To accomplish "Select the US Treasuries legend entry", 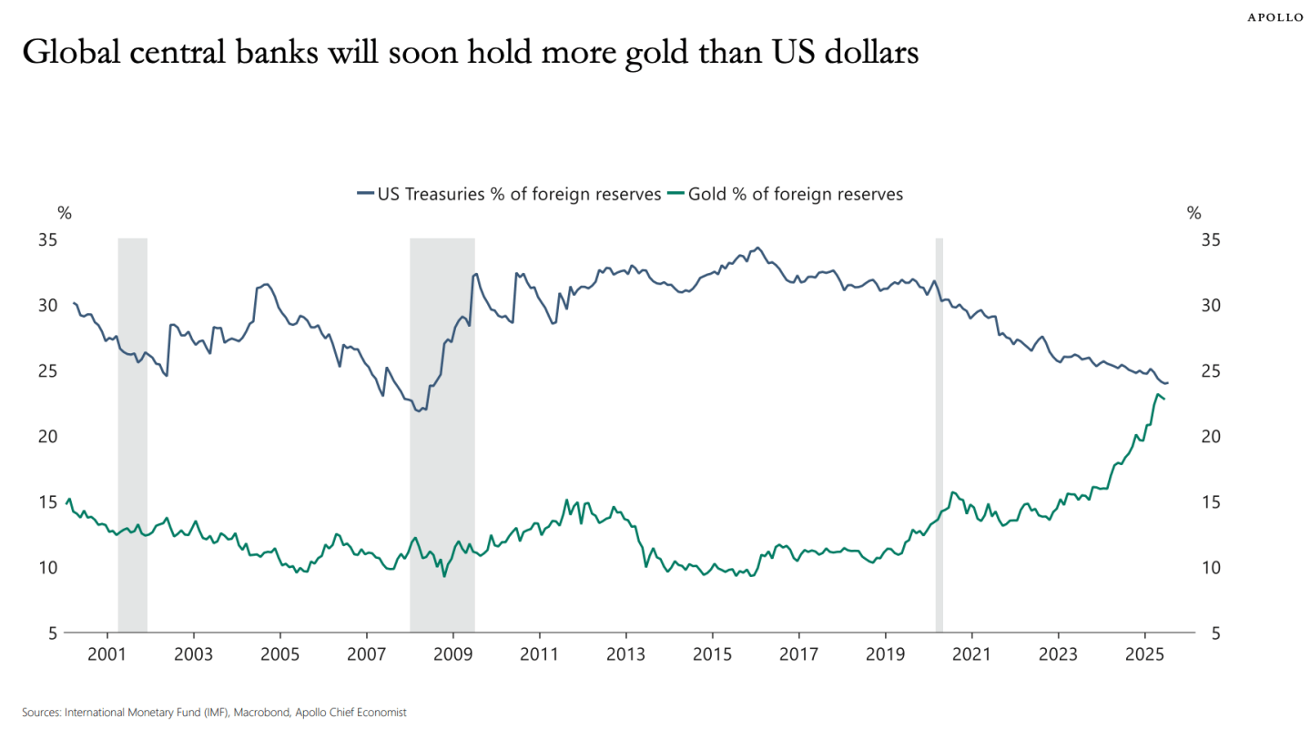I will coord(509,194).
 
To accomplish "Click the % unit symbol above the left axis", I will coord(65,214).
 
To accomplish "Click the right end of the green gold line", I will coord(1164,400).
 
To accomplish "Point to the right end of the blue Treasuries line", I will coord(1168,383).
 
